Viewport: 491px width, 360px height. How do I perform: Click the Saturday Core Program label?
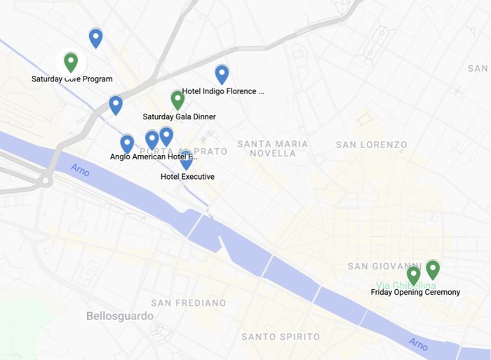click(72, 79)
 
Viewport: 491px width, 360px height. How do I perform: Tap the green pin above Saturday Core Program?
click(70, 62)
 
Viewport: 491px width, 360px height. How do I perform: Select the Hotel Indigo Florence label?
click(223, 91)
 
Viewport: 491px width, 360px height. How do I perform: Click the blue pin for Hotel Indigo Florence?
click(222, 74)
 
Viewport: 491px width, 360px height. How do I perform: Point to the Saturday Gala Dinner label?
click(179, 116)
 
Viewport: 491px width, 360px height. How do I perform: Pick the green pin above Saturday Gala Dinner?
click(177, 100)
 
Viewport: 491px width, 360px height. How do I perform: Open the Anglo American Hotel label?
click(154, 156)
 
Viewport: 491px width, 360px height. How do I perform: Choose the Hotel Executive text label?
click(187, 177)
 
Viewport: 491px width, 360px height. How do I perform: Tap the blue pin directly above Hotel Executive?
click(185, 159)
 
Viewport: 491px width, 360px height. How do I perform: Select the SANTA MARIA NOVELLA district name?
click(272, 149)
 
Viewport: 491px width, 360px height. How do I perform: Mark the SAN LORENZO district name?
click(371, 145)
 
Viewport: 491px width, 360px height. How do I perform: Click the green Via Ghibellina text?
click(405, 285)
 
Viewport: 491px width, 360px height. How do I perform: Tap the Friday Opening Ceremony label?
click(415, 293)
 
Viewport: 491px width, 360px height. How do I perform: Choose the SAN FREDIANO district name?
click(188, 303)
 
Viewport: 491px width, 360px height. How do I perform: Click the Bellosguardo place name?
click(119, 316)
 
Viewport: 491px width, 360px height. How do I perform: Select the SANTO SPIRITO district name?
click(281, 337)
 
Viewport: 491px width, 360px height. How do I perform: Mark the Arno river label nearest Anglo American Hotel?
click(81, 171)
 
